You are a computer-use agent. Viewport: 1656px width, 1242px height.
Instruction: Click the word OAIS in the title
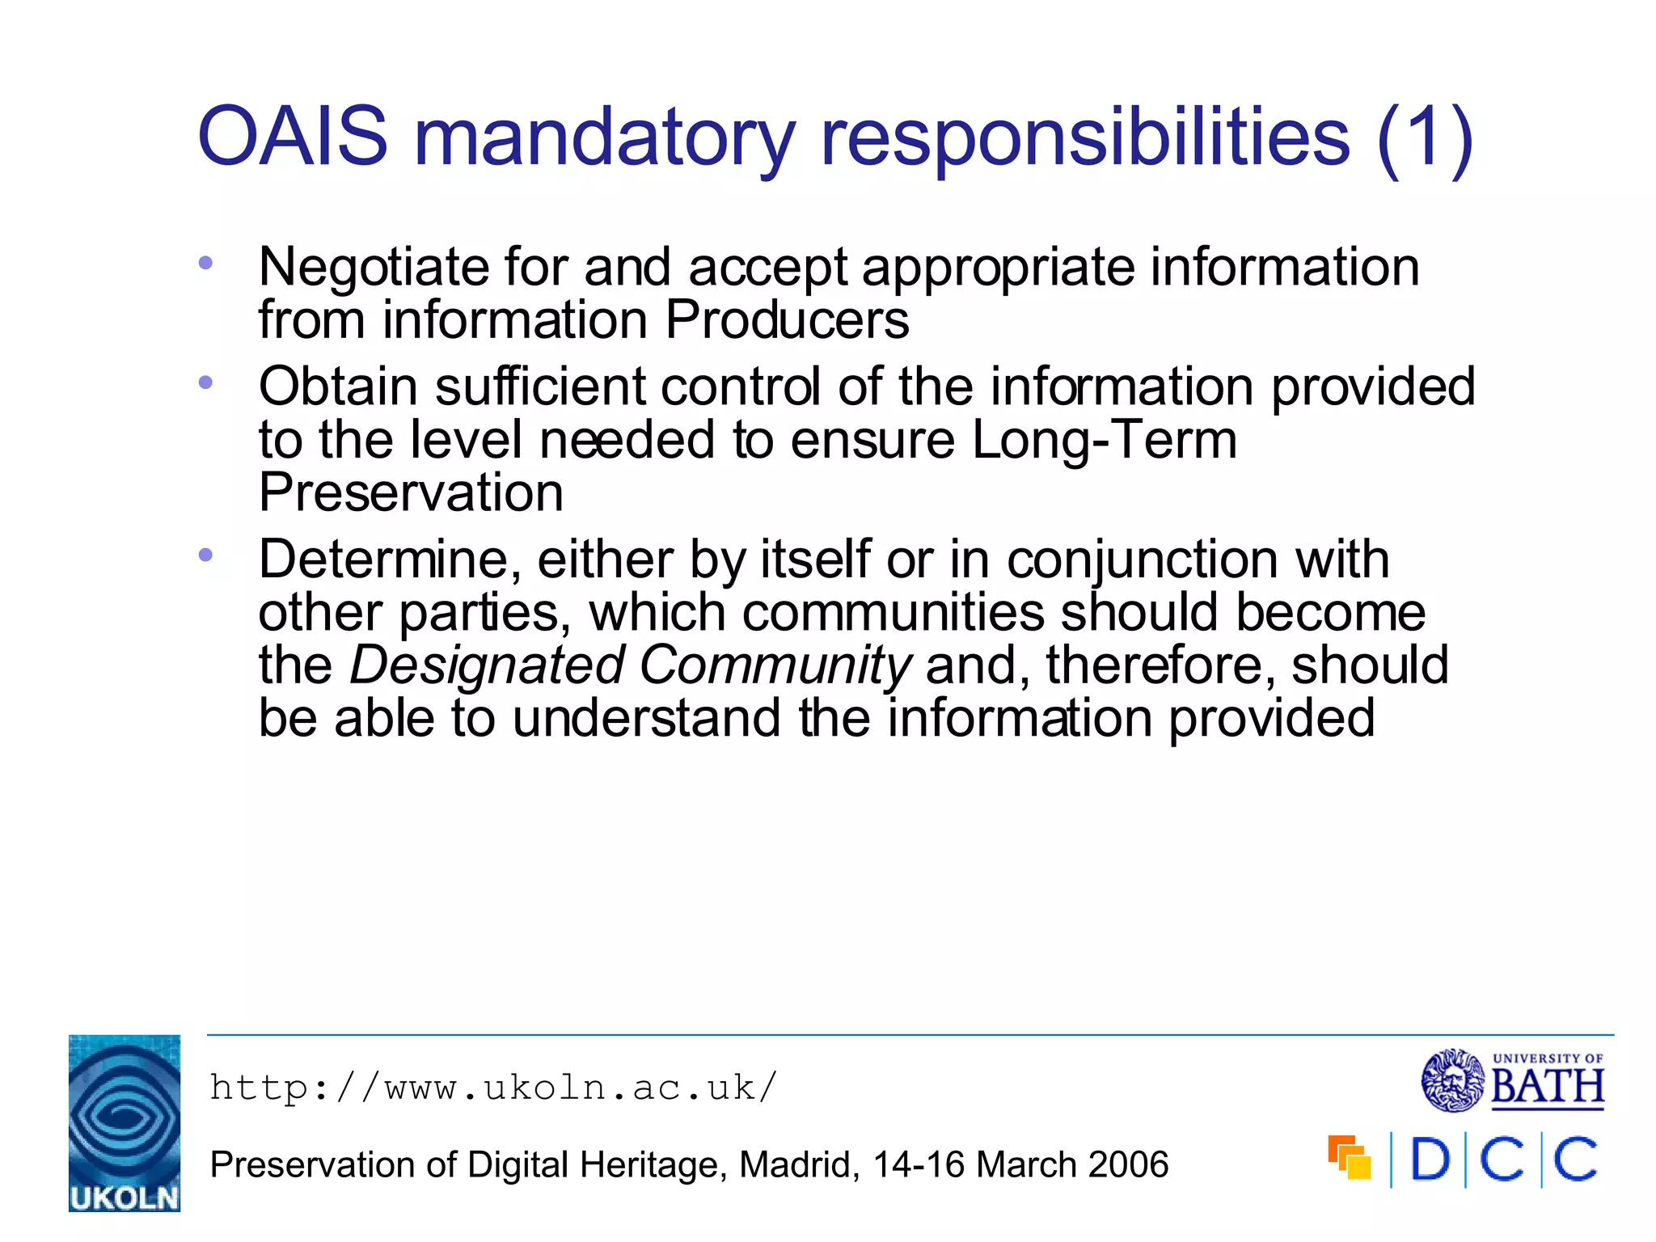[293, 137]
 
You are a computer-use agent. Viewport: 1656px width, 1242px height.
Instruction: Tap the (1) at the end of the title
[1425, 139]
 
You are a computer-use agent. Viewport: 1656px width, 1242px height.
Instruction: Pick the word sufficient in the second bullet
[540, 387]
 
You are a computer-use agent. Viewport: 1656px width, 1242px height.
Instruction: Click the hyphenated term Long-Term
[1104, 441]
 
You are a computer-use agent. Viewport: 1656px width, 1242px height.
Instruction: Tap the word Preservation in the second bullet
[411, 493]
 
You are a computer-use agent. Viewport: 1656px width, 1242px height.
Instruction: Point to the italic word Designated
[487, 665]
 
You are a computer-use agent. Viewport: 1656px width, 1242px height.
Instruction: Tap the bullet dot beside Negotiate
[205, 263]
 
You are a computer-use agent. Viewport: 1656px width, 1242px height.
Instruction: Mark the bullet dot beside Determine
[205, 555]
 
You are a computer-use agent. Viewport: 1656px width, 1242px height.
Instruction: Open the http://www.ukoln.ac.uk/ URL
[493, 1088]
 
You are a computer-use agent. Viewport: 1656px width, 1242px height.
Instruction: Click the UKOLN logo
[125, 1122]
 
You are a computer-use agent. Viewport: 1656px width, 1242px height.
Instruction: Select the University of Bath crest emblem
[1453, 1080]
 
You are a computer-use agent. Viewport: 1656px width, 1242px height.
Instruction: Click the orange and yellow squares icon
[1350, 1158]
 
